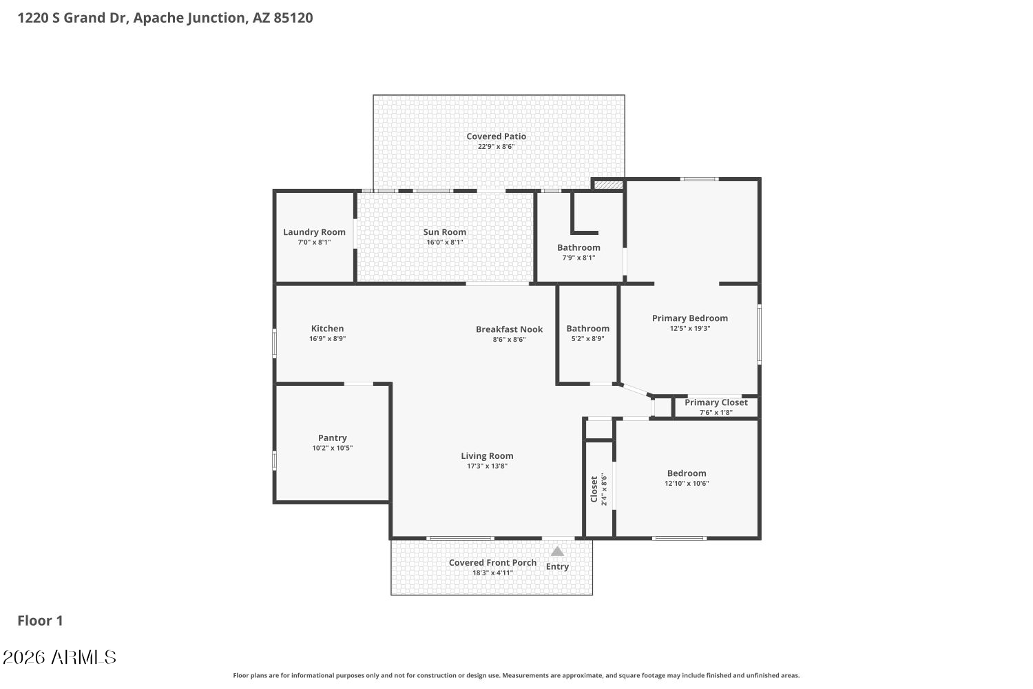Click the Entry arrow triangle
coord(558,551)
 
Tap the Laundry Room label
coord(314,232)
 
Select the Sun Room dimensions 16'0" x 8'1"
coord(445,243)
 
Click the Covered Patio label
coord(497,136)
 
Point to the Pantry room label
coord(333,438)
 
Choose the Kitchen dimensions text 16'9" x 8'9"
coord(327,339)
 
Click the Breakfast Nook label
coord(509,329)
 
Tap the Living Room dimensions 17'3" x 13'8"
coord(487,466)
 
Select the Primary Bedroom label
coord(690,318)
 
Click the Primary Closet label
coord(716,402)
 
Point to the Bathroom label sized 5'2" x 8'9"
coord(588,329)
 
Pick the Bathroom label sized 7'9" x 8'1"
coord(578,248)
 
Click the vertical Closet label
coord(594,489)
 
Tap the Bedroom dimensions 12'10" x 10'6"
coord(687,484)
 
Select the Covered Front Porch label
coord(492,563)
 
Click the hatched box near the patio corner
coord(608,185)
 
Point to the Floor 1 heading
coord(40,621)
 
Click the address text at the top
coord(165,18)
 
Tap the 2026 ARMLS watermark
coord(59,657)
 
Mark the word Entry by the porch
coord(557,567)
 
